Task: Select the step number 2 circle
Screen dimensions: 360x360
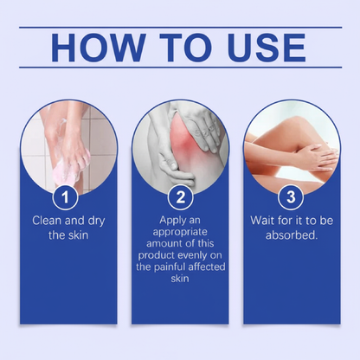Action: [x=181, y=199]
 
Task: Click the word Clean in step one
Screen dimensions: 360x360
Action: [x=50, y=222]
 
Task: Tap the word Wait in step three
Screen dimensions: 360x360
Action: [x=264, y=222]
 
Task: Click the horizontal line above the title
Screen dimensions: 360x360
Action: [x=180, y=27]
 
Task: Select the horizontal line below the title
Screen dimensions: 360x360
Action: [x=180, y=67]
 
